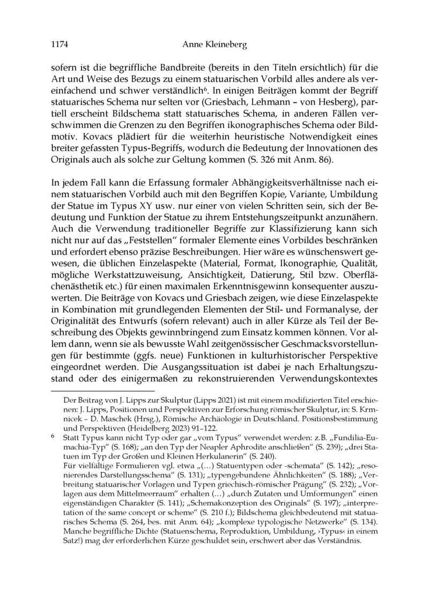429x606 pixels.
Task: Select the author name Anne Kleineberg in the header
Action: tap(214, 46)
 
